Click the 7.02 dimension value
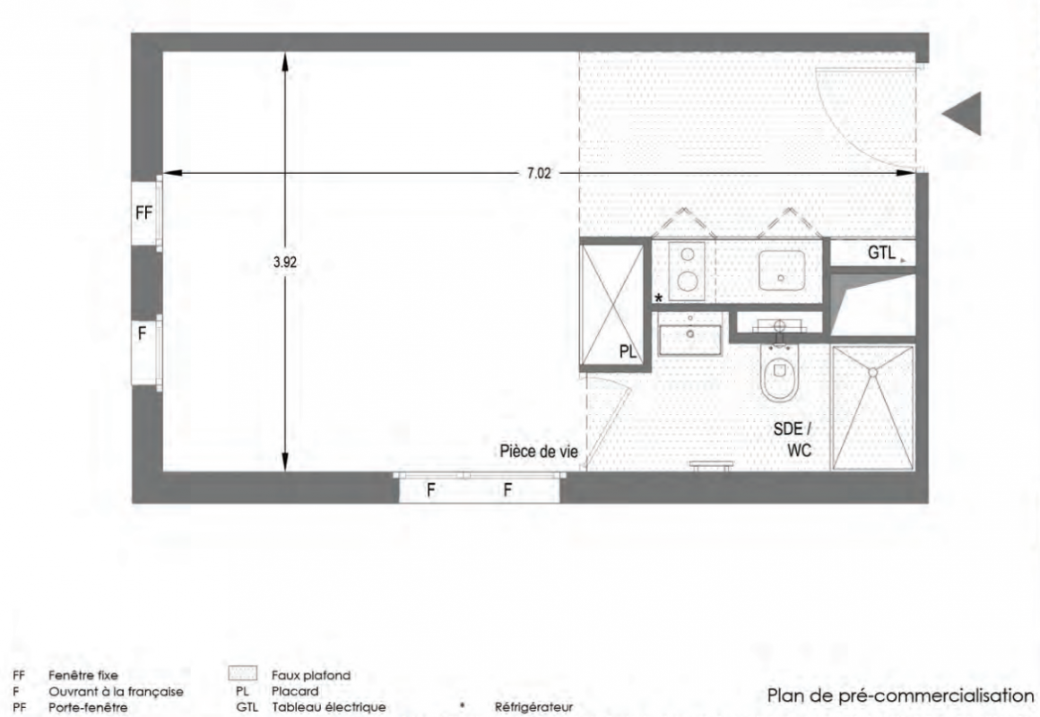point(539,173)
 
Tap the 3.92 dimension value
point(285,262)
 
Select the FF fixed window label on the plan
point(144,213)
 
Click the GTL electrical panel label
point(881,252)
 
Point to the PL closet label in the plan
point(628,351)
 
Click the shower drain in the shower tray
point(873,373)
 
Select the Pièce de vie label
point(539,452)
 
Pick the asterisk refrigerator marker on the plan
point(659,298)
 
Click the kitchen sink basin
point(782,271)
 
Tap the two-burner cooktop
point(687,271)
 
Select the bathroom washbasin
point(689,333)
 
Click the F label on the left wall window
point(142,333)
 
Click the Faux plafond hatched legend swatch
point(242,675)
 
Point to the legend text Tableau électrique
point(329,707)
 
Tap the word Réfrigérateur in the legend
point(534,707)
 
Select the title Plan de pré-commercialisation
point(900,695)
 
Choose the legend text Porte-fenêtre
point(88,707)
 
